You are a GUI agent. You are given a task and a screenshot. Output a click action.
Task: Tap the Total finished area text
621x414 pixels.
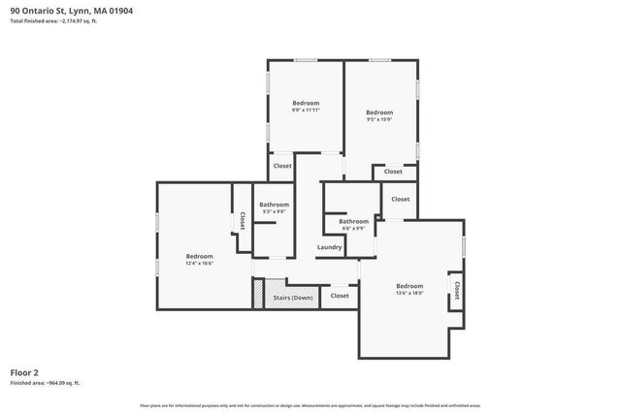click(x=53, y=21)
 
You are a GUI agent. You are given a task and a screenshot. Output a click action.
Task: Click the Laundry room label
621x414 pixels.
click(x=329, y=247)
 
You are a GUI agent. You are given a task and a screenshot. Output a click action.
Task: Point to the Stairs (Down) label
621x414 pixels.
click(x=292, y=298)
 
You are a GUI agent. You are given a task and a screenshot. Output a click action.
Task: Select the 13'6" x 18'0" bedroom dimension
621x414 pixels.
click(x=409, y=293)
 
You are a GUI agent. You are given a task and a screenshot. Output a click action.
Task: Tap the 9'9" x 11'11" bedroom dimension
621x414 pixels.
click(x=306, y=110)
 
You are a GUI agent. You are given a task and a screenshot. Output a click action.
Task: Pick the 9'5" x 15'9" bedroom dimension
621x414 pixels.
click(x=379, y=119)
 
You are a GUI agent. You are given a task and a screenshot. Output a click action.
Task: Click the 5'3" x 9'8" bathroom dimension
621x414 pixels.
click(x=275, y=211)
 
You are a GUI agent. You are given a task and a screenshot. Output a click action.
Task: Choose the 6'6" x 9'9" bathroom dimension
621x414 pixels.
click(x=353, y=229)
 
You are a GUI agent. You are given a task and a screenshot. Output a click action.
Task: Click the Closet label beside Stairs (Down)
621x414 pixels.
click(x=340, y=296)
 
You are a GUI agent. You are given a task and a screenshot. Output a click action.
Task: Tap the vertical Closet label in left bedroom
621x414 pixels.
click(x=241, y=221)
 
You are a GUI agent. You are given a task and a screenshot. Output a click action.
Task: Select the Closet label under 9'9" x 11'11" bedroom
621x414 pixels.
click(x=282, y=166)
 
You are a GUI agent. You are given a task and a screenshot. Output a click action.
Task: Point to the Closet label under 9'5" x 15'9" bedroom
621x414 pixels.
click(x=393, y=172)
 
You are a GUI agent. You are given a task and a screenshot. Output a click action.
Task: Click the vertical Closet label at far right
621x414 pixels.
click(x=456, y=290)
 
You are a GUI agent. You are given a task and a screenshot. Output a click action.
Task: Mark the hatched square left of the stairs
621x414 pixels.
click(x=258, y=294)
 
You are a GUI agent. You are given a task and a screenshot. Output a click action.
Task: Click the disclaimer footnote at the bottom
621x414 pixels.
click(x=310, y=405)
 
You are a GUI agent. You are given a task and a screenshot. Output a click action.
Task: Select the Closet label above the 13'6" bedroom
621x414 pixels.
click(x=401, y=199)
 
